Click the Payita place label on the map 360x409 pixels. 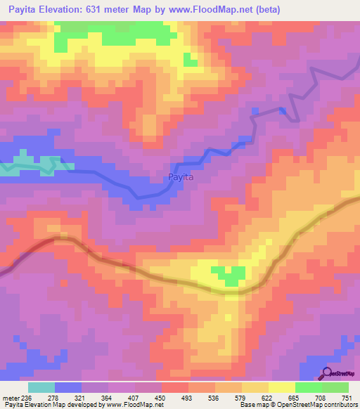pyautogui.click(x=181, y=178)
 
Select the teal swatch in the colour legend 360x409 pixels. pyautogui.click(x=41, y=387)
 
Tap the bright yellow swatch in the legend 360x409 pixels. pyautogui.click(x=281, y=387)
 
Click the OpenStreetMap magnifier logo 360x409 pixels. pyautogui.click(x=326, y=373)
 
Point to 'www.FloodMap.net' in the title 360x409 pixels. pyautogui.click(x=224, y=9)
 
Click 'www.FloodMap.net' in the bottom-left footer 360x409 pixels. pyautogui.click(x=132, y=405)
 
